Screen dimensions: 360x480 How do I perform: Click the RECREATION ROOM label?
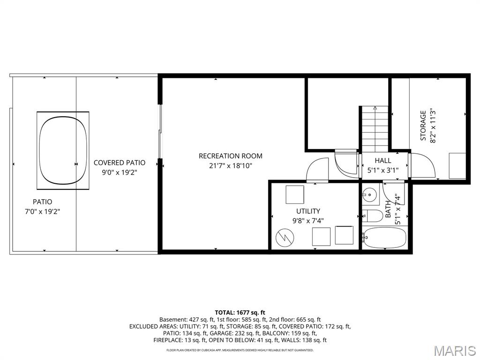click(x=230, y=156)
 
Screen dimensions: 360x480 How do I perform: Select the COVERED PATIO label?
click(x=119, y=163)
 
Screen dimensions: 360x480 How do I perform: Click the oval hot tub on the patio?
click(x=63, y=150)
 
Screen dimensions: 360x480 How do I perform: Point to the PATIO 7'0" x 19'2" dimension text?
click(x=42, y=211)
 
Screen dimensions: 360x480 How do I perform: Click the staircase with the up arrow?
click(x=375, y=129)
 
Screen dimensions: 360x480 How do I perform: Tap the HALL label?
click(x=382, y=161)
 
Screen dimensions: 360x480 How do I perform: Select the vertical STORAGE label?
click(x=423, y=125)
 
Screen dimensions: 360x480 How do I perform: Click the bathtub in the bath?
click(x=384, y=238)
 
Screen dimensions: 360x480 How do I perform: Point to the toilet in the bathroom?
click(x=373, y=216)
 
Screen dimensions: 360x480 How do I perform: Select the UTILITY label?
click(x=308, y=211)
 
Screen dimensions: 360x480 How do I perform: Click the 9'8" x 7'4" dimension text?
click(x=308, y=220)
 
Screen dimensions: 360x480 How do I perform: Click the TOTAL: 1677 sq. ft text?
click(x=240, y=312)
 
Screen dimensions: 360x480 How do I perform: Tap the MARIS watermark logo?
click(x=454, y=351)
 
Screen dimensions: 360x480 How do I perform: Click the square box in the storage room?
click(x=457, y=165)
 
